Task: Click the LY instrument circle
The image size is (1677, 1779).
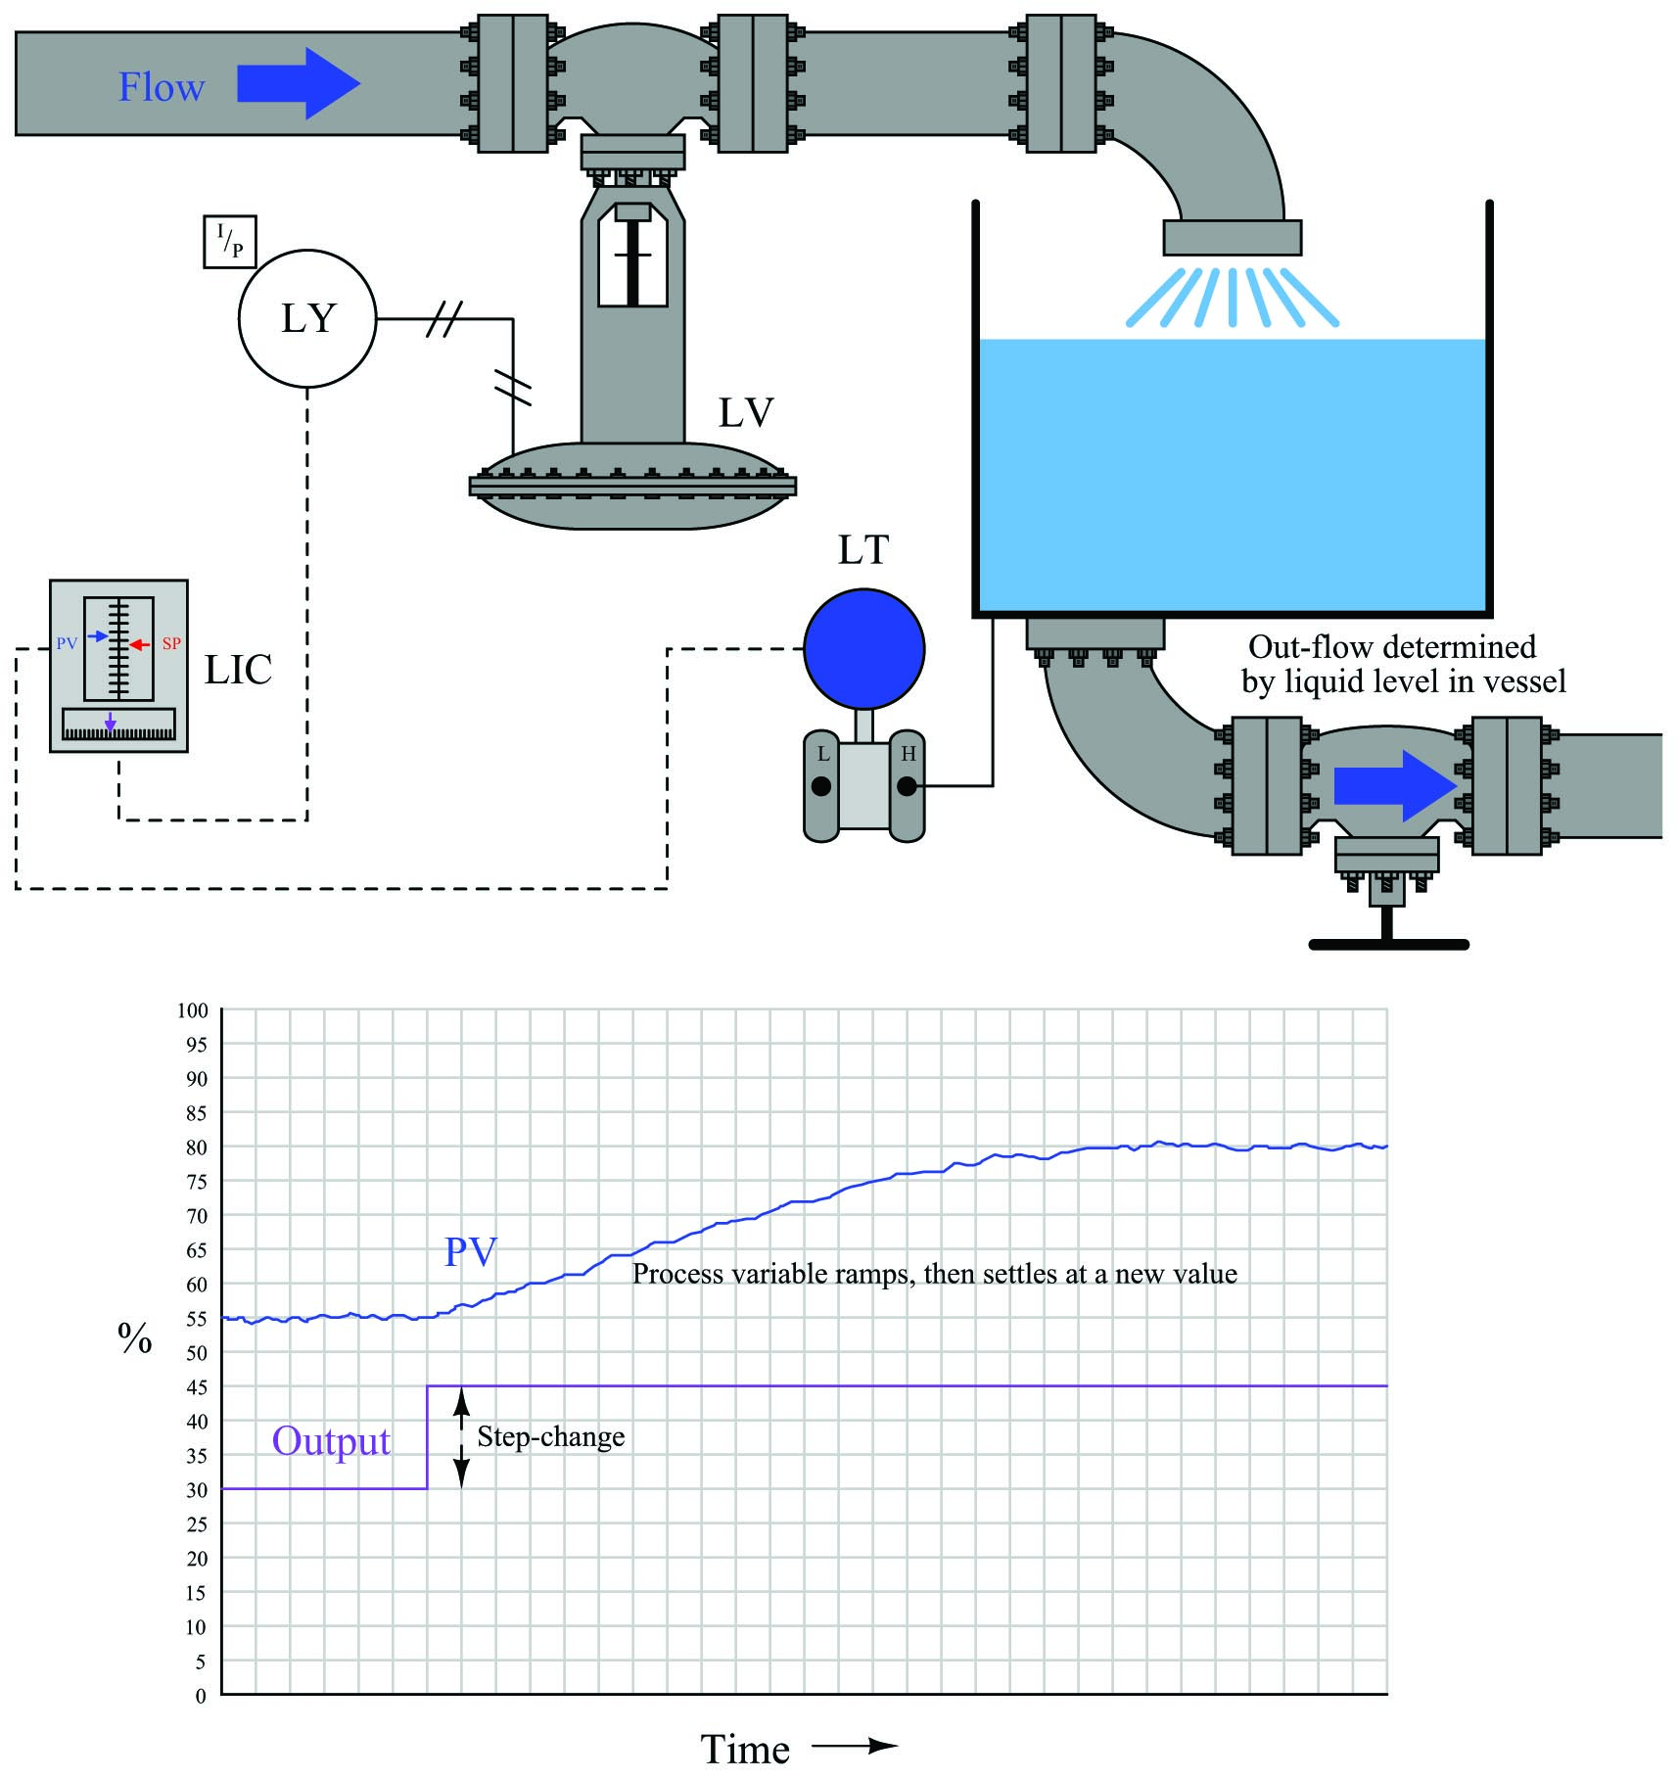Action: coord(307,318)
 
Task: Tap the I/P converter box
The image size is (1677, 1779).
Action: coord(230,242)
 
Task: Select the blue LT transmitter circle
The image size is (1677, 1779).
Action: coord(864,648)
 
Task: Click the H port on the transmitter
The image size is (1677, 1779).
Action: coord(908,785)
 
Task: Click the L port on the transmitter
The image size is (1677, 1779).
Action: coord(821,785)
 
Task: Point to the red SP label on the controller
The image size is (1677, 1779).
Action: coord(171,643)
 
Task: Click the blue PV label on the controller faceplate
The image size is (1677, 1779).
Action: coord(67,643)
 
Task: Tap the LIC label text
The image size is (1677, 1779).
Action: coord(238,670)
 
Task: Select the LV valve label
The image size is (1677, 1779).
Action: coord(746,413)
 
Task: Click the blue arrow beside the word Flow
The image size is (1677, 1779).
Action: coord(299,83)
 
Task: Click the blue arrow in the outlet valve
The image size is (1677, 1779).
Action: coord(1396,785)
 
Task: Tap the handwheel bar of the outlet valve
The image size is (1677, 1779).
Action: coord(1388,945)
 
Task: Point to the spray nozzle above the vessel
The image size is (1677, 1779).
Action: coord(1232,238)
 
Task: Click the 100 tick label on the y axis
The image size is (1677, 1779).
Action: coord(192,1010)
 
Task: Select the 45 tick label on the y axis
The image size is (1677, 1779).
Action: coord(197,1387)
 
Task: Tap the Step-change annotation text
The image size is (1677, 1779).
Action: coord(551,1437)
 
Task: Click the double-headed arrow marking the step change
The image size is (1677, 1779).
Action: coord(462,1437)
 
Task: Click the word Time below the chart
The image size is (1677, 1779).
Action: coord(745,1750)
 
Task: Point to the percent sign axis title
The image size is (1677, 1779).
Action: coord(135,1337)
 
